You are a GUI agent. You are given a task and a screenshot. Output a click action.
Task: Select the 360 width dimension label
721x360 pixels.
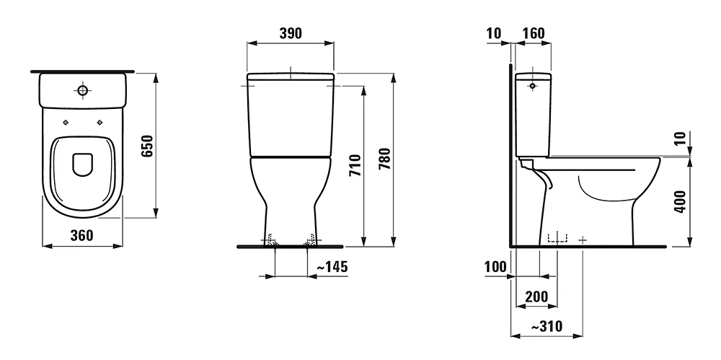pyautogui.click(x=81, y=235)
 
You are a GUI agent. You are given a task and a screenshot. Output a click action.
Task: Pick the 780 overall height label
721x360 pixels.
pyautogui.click(x=384, y=157)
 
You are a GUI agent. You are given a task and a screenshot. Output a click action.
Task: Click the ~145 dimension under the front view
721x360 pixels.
pyautogui.click(x=332, y=267)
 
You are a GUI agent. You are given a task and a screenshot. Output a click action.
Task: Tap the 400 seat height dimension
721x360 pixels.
pyautogui.click(x=679, y=205)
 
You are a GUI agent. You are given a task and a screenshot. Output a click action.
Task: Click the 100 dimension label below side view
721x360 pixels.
pyautogui.click(x=496, y=267)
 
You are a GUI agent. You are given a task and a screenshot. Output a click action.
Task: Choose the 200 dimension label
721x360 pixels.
pyautogui.click(x=536, y=297)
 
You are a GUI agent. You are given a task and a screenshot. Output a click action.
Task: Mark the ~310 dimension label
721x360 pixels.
pyautogui.click(x=546, y=327)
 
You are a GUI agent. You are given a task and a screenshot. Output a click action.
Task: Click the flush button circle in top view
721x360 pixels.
pyautogui.click(x=83, y=91)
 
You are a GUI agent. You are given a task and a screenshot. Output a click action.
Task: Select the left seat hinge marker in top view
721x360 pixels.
pyautogui.click(x=66, y=121)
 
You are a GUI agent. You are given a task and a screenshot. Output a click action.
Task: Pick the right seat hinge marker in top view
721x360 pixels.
pyautogui.click(x=99, y=121)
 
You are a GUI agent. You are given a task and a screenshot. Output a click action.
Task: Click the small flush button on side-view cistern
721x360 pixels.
pyautogui.click(x=533, y=86)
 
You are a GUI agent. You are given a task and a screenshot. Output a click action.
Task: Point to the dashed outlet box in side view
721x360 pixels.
pyautogui.click(x=557, y=238)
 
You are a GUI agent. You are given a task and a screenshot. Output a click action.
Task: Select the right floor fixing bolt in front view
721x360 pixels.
pyautogui.click(x=309, y=241)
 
